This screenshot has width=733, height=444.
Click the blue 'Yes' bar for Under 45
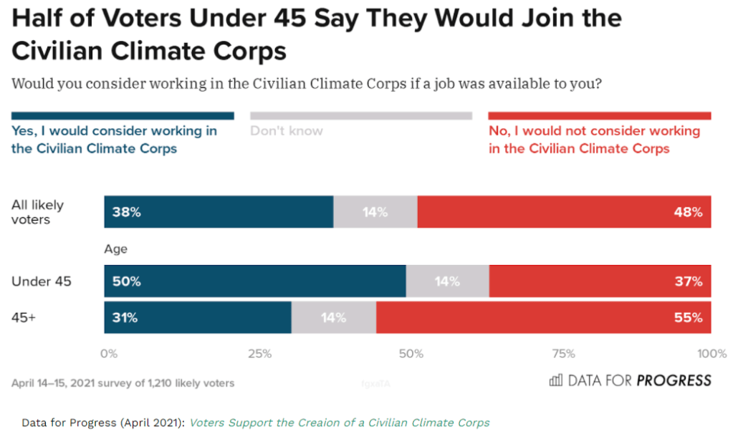tap(255, 281)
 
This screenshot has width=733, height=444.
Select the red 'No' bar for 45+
tap(543, 318)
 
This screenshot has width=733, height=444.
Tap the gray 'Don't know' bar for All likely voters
tap(375, 212)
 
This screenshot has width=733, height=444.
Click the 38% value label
tap(126, 212)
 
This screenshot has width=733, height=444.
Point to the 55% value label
tap(688, 318)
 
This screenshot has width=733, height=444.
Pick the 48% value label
tap(688, 212)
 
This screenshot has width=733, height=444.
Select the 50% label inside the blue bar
tap(126, 281)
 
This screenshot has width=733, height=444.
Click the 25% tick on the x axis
tap(259, 353)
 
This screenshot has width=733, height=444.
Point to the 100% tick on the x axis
tap(711, 353)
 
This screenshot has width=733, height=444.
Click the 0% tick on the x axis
tap(109, 353)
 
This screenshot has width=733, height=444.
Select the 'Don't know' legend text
tap(287, 131)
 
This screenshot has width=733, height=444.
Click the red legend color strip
tap(599, 116)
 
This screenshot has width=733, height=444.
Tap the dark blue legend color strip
tap(123, 116)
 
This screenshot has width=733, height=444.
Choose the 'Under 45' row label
tap(42, 281)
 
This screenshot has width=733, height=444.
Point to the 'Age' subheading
tap(115, 249)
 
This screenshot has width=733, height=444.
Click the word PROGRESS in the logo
tap(674, 380)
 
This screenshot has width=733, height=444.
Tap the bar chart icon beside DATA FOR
tap(555, 380)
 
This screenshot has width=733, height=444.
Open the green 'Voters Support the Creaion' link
tap(339, 423)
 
